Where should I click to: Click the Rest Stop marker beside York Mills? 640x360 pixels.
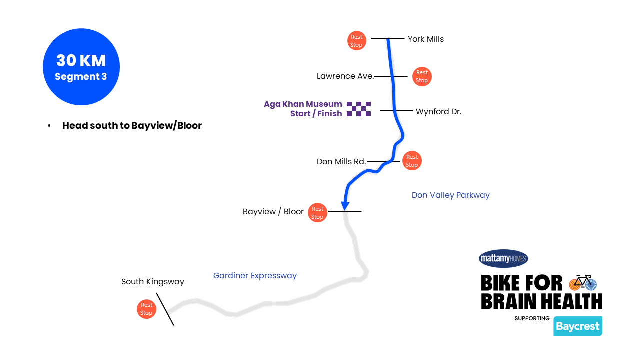356,41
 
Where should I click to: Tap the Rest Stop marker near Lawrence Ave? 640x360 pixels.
422,76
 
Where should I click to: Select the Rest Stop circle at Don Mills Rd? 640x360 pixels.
412,161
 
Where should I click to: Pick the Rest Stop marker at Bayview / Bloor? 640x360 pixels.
317,213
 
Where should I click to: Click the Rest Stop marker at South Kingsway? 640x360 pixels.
146,309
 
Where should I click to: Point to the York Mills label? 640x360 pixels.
425,39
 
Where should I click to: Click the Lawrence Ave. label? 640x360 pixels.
345,76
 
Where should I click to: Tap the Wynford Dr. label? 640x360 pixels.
438,112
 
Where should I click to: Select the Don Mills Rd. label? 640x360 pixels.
341,162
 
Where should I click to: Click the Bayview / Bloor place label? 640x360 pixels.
273,212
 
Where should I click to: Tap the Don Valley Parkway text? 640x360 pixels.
450,195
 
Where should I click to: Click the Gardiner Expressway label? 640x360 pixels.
255,276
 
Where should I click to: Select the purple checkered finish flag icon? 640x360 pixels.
359,109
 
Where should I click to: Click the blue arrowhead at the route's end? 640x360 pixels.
345,205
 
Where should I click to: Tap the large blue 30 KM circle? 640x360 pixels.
81,67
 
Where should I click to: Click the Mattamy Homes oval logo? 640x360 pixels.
503,258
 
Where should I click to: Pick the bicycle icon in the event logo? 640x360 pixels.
583,283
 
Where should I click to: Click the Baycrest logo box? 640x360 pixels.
577,326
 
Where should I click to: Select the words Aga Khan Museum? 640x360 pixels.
303,104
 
